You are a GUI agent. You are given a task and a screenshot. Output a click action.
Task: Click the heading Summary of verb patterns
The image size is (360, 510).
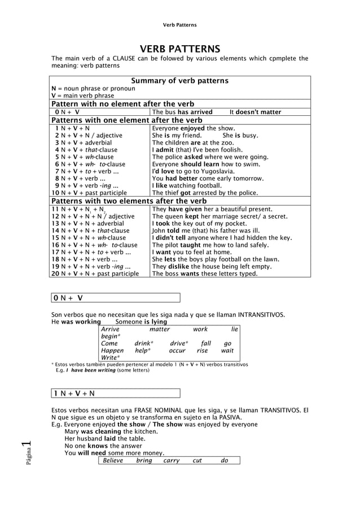[179, 81]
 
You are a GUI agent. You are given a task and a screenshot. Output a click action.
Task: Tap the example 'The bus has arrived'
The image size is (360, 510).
[182, 112]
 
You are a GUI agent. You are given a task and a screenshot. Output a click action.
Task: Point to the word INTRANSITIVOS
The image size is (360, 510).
[261, 315]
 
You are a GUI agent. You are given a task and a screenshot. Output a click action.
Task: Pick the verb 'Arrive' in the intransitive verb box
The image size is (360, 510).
[110, 329]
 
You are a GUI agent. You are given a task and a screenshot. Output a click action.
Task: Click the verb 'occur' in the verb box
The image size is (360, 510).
[177, 350]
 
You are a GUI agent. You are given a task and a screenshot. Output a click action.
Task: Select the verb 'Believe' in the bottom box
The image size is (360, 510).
[113, 460]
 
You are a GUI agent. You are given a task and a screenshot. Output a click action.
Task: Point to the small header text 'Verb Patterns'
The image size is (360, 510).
[179, 25]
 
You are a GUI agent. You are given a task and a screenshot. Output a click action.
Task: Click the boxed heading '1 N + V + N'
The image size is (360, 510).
[74, 393]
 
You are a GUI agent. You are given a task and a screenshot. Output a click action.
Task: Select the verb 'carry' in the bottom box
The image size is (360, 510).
[172, 460]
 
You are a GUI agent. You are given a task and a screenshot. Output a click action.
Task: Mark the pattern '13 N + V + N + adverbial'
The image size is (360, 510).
[88, 224]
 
